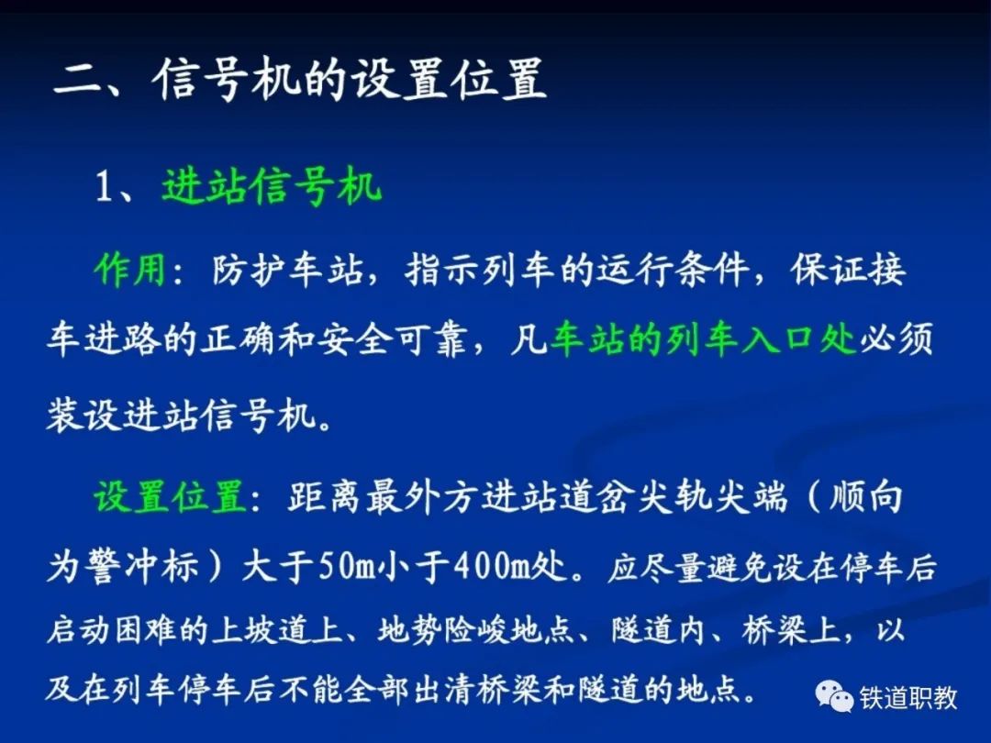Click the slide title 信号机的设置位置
point(350,80)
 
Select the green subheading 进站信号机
point(272,186)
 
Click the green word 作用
point(129,270)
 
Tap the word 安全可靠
point(391,340)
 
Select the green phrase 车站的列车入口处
point(704,340)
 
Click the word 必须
point(896,340)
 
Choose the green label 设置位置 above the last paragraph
point(170,496)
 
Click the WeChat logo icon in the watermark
point(833,697)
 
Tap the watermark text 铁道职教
point(908,698)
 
